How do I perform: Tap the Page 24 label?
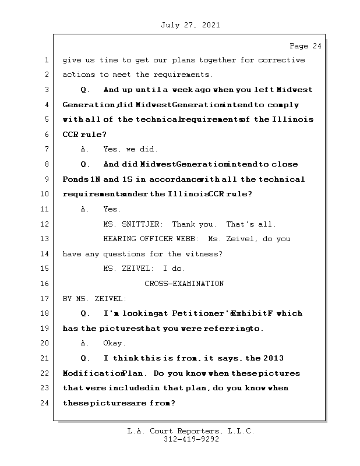click(x=305, y=46)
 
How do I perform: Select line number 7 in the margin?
click(x=47, y=149)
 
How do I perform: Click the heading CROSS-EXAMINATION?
click(x=184, y=284)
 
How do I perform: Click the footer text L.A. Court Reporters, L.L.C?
click(x=191, y=431)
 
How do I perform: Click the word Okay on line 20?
click(x=114, y=343)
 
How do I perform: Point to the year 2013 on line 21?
click(x=274, y=358)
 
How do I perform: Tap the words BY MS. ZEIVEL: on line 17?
click(x=94, y=299)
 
